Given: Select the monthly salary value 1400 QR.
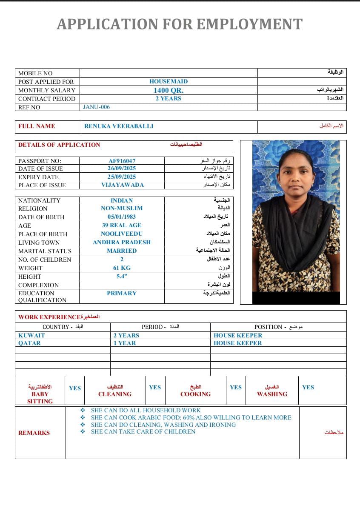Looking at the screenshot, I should point(168,90).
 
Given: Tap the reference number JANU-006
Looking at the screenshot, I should point(96,107).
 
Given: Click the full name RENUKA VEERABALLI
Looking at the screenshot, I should point(119,126).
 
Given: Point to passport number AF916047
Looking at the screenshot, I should point(122,161).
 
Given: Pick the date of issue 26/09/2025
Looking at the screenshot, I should point(122,168).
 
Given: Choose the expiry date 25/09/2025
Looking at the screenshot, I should point(122,177).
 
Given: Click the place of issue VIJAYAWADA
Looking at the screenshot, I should point(122,185).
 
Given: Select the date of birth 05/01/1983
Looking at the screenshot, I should point(122,217).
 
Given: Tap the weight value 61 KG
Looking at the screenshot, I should point(122,268).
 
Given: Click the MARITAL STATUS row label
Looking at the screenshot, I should point(45,251).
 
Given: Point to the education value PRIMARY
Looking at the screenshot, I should point(122,293).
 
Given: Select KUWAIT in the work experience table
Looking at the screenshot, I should point(31,335).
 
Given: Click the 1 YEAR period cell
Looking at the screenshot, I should point(125,343).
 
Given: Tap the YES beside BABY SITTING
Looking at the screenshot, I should point(75,388).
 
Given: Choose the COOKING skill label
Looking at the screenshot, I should point(195,394).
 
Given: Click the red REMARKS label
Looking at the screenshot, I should point(34,433).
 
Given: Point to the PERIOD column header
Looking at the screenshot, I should point(152,327).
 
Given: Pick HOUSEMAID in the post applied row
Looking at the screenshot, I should point(168,81).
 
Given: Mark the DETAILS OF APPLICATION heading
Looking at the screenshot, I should point(59,145).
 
